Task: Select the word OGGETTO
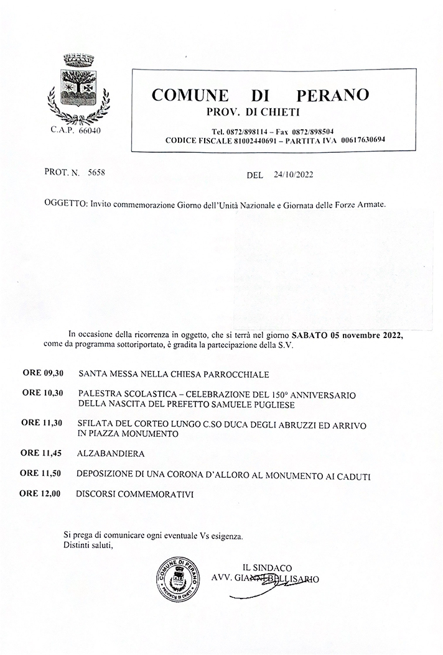65,204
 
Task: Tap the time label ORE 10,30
43,394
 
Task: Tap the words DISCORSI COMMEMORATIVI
135,495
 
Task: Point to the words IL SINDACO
267,567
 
